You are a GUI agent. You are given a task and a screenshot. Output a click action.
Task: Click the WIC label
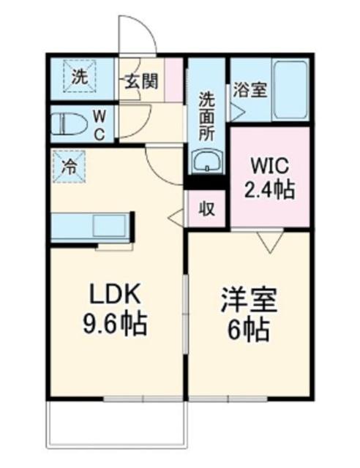tap(270, 163)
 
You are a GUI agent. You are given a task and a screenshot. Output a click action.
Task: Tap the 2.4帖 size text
tap(270, 190)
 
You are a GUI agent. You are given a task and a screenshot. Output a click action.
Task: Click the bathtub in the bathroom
tap(290, 91)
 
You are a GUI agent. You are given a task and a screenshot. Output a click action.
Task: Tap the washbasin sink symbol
tap(208, 162)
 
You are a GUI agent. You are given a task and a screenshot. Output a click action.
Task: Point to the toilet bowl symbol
tap(67, 124)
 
